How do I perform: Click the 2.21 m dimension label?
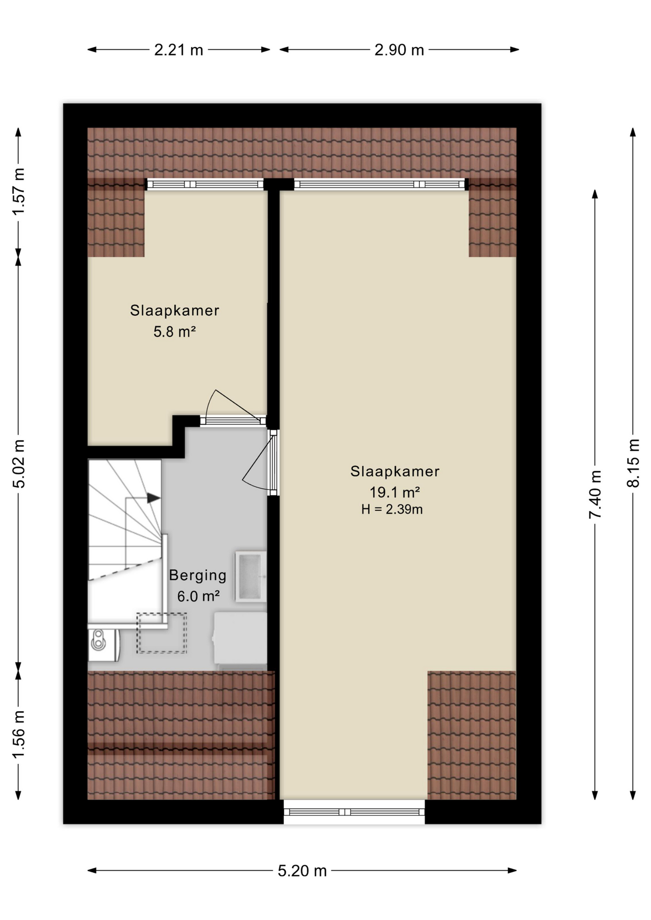coord(178,50)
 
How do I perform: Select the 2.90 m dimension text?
coord(399,50)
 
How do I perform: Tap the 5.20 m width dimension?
coord(302,870)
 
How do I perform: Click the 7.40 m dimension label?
coord(595,494)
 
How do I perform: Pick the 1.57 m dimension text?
coord(18,192)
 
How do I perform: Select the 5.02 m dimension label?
coord(18,463)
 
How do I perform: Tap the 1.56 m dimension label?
coord(18,735)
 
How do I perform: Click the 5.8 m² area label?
coord(174,332)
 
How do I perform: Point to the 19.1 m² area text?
coord(395,492)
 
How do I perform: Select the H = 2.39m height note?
coord(392,509)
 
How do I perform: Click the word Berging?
coord(198,575)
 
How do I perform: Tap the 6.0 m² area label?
coord(198,596)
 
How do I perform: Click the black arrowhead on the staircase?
coord(153,498)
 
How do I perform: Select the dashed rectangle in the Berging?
coord(162,632)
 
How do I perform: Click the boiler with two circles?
coord(104,645)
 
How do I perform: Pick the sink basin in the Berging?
coord(250,576)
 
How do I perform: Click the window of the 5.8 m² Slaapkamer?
coord(205,184)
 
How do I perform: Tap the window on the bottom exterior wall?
coord(354,812)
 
